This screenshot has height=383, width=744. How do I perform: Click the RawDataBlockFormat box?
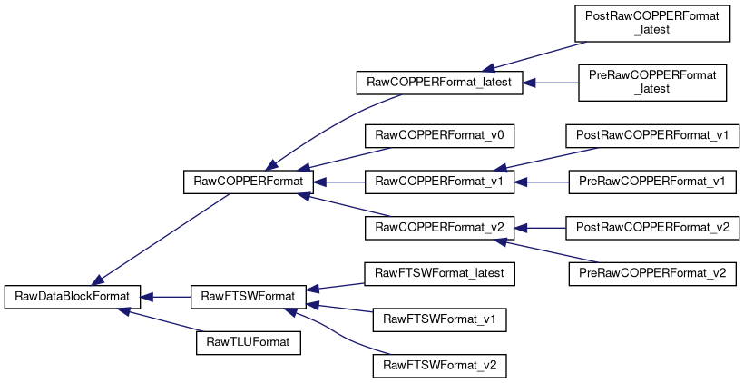72,297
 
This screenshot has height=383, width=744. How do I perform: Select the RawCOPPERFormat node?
249,182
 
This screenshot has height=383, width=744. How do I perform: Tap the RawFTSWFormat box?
248,297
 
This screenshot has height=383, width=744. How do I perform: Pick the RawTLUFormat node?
249,342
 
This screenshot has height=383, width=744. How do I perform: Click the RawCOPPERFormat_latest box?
439,83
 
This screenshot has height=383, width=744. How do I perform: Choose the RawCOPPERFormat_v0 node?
439,135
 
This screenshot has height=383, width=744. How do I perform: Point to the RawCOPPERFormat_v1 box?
439,182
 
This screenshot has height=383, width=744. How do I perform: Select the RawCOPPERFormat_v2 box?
439,227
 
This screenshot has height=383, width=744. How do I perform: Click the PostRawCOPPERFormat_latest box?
652,24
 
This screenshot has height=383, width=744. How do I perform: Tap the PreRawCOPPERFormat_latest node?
652,83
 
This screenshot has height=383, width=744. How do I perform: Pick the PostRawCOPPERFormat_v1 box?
652,135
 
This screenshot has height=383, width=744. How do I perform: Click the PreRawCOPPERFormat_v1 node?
652,182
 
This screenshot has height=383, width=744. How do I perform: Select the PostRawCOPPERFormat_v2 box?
652,227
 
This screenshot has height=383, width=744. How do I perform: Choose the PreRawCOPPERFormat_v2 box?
652,274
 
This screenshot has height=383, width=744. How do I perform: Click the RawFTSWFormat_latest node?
439,274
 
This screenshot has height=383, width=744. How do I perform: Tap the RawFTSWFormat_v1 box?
439,319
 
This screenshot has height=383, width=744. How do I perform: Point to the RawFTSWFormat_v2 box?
439,366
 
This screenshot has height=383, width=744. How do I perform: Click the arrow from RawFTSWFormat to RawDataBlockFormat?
166,297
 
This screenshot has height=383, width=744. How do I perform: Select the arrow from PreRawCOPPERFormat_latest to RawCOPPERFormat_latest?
551,83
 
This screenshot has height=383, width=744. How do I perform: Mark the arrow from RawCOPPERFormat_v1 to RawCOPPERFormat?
339,182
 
